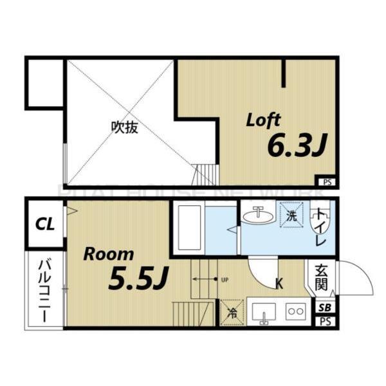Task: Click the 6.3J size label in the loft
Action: (x=294, y=147)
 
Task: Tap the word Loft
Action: (x=264, y=120)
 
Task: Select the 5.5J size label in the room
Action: (x=138, y=278)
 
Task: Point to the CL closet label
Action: (x=44, y=225)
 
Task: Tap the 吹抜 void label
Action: (x=124, y=127)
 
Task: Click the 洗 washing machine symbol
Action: (x=291, y=216)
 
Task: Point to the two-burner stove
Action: (x=295, y=311)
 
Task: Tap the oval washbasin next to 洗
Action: (x=260, y=215)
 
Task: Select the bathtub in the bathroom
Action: (x=190, y=228)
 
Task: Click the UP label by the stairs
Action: (x=225, y=280)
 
